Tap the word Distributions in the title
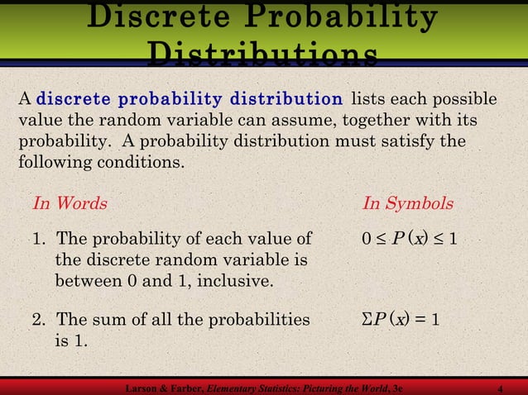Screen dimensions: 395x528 click(x=262, y=55)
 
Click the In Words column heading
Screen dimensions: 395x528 click(x=70, y=203)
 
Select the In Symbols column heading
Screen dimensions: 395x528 click(x=408, y=203)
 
